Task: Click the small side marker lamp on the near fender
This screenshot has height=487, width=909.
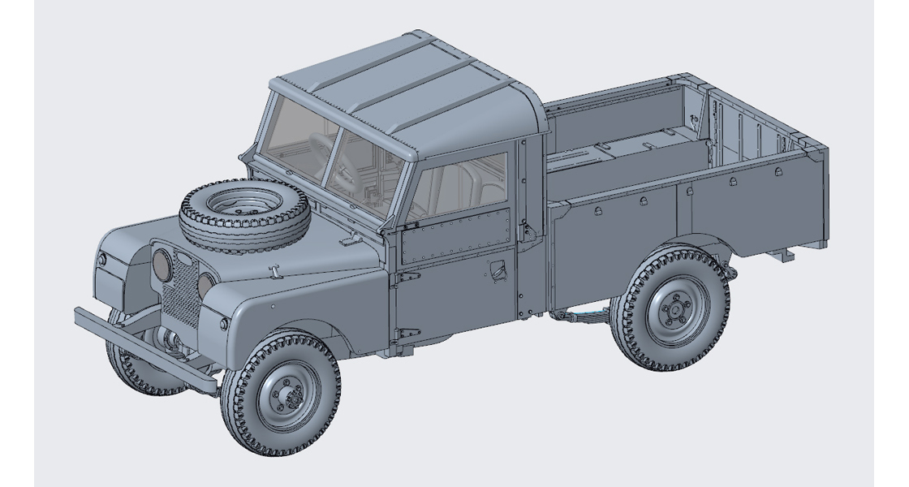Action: coord(224,323)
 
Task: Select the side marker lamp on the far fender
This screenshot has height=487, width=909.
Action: coord(102,259)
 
